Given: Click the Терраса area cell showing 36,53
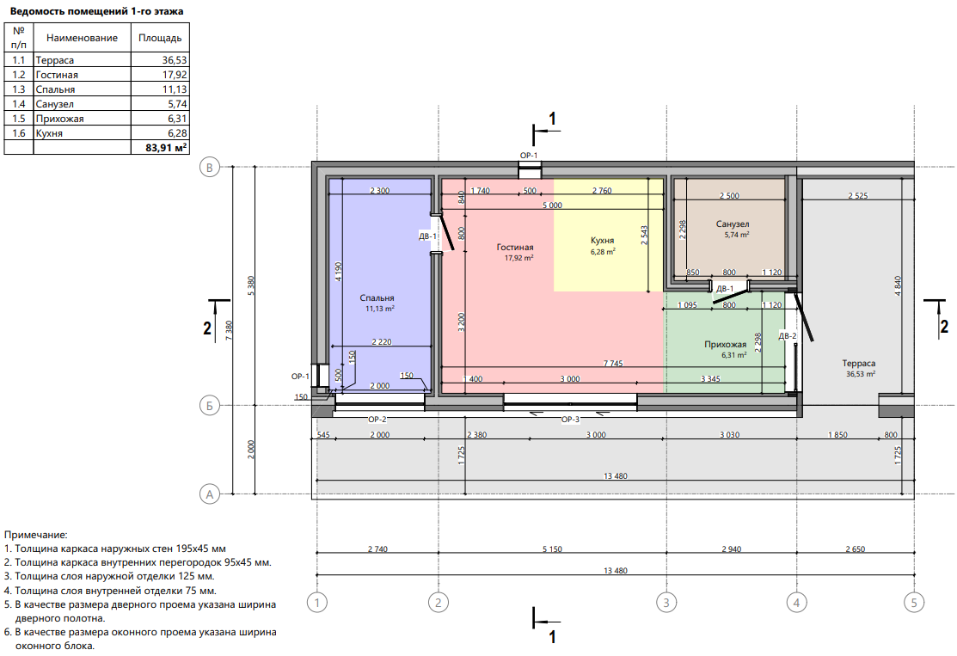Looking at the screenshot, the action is click(174, 60).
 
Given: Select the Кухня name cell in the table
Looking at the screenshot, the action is click(49, 133).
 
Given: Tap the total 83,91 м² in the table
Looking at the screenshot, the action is click(166, 148).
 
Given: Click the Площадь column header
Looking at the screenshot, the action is click(160, 38).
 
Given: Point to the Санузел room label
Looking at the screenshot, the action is click(733, 224).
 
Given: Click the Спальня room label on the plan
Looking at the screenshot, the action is click(377, 297).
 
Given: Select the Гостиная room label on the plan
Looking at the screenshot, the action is click(514, 247).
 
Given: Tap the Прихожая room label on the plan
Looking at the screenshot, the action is click(725, 344).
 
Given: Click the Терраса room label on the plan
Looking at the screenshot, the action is click(858, 363).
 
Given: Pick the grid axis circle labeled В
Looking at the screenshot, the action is click(209, 167).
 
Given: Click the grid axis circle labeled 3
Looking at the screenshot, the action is click(666, 603).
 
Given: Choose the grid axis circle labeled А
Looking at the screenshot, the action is click(209, 494).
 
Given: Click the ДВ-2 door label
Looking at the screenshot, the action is click(788, 336).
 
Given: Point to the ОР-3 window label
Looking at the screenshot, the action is click(570, 420).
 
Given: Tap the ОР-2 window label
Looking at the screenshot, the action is click(377, 420).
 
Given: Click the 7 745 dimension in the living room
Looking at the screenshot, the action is click(613, 363).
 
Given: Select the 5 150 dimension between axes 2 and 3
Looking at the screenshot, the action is click(552, 549).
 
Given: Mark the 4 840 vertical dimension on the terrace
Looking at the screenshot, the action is click(898, 286).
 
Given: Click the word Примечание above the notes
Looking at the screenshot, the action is click(36, 535).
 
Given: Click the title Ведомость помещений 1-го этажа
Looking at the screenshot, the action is click(96, 11).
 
